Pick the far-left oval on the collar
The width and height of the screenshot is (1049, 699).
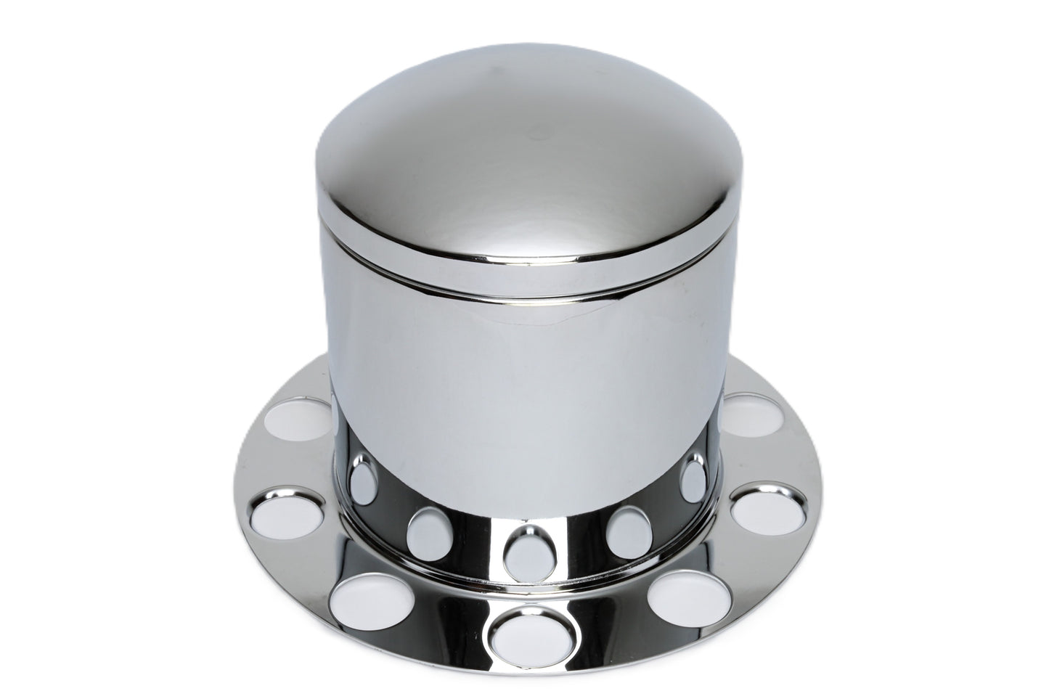360,481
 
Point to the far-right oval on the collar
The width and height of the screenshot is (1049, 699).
695,479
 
